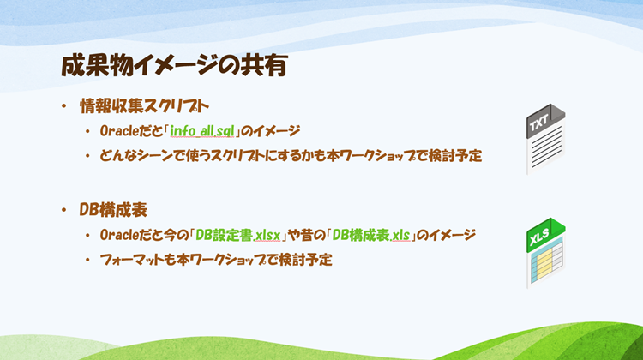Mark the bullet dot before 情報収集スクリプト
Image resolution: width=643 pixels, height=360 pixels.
point(63,107)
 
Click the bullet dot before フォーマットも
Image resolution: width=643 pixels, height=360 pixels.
point(87,259)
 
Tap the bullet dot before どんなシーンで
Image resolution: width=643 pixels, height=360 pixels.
point(87,157)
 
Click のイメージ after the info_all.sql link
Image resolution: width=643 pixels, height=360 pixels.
point(272,131)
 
